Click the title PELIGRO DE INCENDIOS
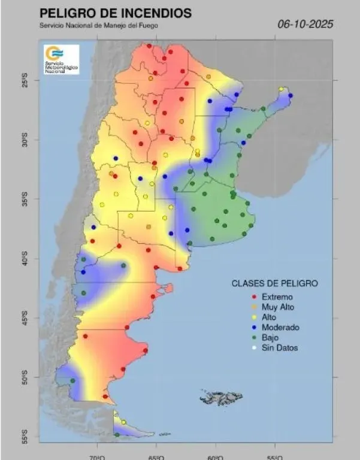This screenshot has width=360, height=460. click(115, 13)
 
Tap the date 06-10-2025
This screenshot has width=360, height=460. click(305, 25)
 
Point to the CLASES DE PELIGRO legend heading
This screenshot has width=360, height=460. click(275, 283)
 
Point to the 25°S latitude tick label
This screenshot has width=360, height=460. click(25, 80)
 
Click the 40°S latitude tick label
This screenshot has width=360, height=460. click(25, 258)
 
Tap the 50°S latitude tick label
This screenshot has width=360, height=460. click(25, 377)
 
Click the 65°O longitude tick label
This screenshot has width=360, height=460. click(156, 457)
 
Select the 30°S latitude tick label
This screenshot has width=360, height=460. click(25, 140)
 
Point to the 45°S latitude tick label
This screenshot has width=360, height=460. click(25, 317)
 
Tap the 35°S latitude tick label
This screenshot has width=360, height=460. click(25, 199)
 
